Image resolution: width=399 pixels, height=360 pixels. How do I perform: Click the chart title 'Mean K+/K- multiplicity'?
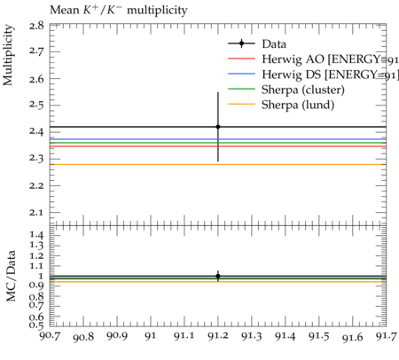pos(119,10)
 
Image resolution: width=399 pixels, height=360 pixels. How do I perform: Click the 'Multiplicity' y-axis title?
pos(8,55)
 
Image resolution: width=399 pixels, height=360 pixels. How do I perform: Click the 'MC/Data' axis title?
pos(11,276)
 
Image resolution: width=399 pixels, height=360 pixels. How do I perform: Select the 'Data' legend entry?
pos(257,43)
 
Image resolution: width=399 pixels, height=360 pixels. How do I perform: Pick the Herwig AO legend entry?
pos(313,59)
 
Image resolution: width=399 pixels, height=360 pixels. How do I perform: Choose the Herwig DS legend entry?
pos(313,74)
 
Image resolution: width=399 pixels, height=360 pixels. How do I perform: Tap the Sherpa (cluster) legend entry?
pos(286,90)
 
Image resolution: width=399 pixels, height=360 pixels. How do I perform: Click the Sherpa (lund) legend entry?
pos(281,105)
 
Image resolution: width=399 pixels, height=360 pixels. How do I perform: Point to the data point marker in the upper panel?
pos(218,127)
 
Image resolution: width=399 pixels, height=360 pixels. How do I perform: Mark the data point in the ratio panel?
pos(218,276)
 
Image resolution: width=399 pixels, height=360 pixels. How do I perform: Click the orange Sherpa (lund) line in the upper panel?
pos(218,164)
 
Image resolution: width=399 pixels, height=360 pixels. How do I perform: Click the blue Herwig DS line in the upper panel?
pos(218,139)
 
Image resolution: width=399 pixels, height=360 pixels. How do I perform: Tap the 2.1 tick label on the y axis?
pos(37,213)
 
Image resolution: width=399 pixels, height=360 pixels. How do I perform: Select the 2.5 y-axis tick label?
pos(37,106)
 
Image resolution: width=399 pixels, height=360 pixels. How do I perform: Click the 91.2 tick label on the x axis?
pos(218,336)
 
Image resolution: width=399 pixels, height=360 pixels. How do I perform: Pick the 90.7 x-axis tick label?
pos(50,336)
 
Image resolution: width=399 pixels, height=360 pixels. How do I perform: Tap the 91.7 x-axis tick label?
pos(387,336)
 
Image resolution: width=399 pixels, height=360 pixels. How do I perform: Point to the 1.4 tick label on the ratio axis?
pos(37,235)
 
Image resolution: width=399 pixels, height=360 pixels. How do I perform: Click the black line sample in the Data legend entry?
pos(241,43)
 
